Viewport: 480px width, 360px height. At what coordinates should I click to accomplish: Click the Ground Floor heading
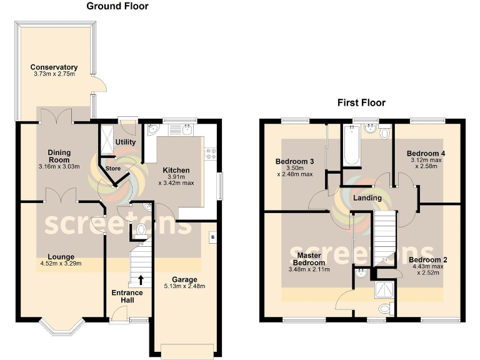tap(117, 6)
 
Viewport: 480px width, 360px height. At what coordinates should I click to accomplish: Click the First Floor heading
tap(361, 102)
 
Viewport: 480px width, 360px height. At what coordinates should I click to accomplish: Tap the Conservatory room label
tap(54, 67)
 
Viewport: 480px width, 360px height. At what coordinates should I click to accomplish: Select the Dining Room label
tap(60, 156)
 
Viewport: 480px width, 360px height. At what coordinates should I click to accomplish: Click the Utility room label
tap(126, 142)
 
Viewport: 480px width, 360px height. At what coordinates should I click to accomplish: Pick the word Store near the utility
tap(113, 167)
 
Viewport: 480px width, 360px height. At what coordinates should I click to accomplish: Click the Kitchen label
tap(176, 171)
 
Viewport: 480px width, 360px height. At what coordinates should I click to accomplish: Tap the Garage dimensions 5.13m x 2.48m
tap(185, 287)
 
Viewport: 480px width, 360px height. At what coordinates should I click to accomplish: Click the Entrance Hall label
tap(127, 296)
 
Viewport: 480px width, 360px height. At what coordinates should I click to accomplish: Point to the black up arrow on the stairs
tap(141, 279)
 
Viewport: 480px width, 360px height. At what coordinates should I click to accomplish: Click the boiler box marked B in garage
tap(212, 237)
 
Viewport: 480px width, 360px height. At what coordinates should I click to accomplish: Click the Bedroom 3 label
tap(294, 161)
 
